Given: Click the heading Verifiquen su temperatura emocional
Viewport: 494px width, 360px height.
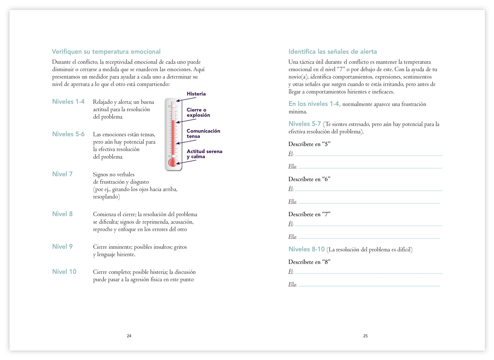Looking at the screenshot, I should coord(106,52).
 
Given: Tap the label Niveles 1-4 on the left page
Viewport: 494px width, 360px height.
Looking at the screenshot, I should coord(68,102).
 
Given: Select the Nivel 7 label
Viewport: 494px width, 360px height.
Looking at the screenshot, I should coord(62,174).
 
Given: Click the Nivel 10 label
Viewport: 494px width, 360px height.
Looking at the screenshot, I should coord(64,271).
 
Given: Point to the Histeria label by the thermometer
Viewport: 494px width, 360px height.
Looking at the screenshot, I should coord(196,94).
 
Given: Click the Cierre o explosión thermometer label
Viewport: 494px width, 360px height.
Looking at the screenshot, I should coord(198,112).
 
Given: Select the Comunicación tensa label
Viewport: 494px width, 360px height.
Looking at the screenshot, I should coord(203,133).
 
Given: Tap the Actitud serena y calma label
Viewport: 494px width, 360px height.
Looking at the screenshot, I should coord(204,154).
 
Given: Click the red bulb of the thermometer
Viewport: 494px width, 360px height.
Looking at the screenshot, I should coord(173,162).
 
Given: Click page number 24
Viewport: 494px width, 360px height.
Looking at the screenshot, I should coord(129,336).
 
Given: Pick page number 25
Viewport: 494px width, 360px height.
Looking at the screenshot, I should coord(365,336).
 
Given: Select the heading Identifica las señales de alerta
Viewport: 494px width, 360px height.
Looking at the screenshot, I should coord(333,52).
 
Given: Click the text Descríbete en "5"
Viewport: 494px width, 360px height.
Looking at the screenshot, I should coord(309,144).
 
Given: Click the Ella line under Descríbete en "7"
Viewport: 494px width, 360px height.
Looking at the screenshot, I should coord(369,237).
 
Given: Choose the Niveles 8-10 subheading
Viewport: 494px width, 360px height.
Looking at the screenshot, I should coord(306,249).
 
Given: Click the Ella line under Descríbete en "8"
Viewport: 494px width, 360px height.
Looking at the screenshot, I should coord(369,285).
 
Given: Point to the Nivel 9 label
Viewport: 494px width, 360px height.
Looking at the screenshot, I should coord(62,246).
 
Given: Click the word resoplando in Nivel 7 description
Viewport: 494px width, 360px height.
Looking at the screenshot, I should coord(106,197).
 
